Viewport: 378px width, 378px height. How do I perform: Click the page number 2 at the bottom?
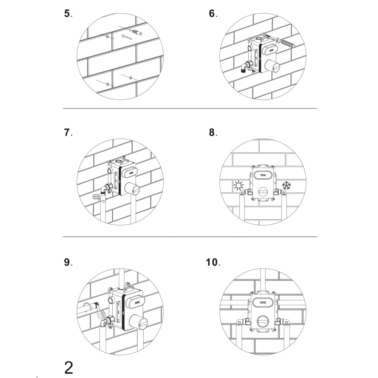[69, 368]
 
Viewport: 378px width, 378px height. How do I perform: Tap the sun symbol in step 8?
[239, 186]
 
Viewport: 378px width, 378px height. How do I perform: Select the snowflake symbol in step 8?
[287, 185]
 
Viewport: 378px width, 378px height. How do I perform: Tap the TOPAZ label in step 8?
[263, 175]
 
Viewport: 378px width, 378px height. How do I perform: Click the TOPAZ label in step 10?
[263, 302]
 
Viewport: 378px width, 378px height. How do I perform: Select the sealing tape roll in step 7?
[96, 197]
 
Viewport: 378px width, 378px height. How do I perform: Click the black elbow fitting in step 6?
[244, 68]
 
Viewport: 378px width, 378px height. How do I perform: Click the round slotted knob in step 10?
[263, 321]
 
